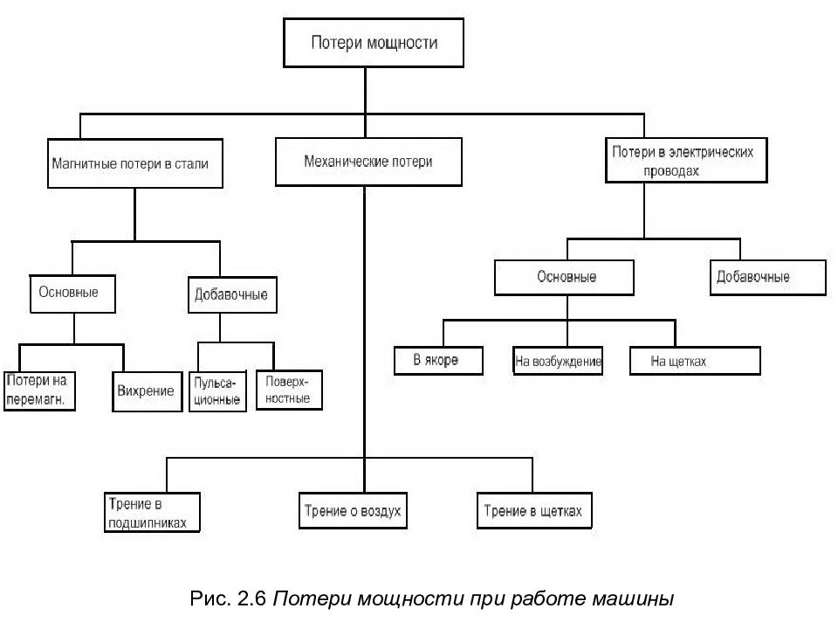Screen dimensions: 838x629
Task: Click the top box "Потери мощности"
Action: click(373, 43)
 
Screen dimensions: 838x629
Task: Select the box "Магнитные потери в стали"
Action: click(134, 163)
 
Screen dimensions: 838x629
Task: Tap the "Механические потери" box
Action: click(368, 162)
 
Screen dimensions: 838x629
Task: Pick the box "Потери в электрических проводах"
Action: click(686, 161)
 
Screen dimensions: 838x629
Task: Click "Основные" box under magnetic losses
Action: click(72, 294)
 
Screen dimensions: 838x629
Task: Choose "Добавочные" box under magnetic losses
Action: click(232, 294)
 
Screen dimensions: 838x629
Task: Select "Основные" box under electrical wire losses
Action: click(564, 278)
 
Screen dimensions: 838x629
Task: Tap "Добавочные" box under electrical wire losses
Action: click(767, 278)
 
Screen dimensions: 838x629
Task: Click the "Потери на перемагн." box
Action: click(39, 391)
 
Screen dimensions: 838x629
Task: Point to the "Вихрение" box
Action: click(147, 391)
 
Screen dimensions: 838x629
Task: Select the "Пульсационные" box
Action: click(217, 391)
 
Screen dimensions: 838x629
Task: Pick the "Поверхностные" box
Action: click(289, 390)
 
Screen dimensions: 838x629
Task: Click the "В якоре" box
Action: click(438, 361)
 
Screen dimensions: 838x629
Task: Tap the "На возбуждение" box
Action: click(558, 361)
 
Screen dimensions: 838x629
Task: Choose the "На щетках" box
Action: click(695, 361)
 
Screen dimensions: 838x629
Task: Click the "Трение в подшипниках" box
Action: click(152, 513)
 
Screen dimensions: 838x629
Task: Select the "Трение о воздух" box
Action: click(353, 511)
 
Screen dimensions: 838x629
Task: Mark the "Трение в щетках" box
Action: click(534, 511)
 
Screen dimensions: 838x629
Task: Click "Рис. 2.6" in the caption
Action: click(228, 598)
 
